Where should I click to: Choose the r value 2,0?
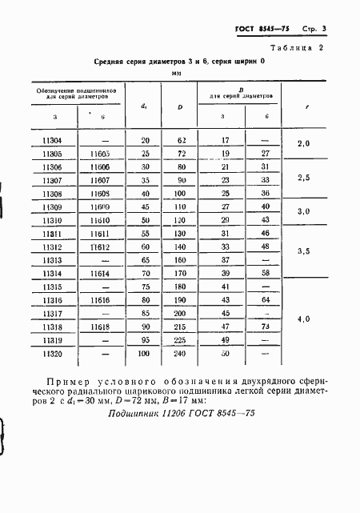pyautogui.click(x=303, y=146)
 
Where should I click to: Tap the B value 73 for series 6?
pyautogui.click(x=264, y=329)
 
